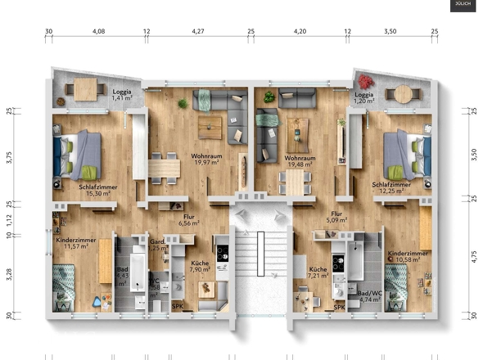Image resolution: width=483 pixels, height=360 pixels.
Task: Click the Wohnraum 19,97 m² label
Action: click(207, 158)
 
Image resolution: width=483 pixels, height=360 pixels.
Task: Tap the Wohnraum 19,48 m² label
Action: click(301, 158)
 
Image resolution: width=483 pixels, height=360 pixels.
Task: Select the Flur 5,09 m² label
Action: click(336, 216)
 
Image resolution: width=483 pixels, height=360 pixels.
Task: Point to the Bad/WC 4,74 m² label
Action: click(370, 296)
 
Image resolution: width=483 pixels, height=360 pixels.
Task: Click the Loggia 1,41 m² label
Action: click(123, 95)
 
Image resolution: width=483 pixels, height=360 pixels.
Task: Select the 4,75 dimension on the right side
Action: click(473, 258)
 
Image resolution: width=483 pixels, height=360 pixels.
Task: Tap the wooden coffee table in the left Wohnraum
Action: click(210, 125)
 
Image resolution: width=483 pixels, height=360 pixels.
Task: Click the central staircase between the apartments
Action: click(260, 262)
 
